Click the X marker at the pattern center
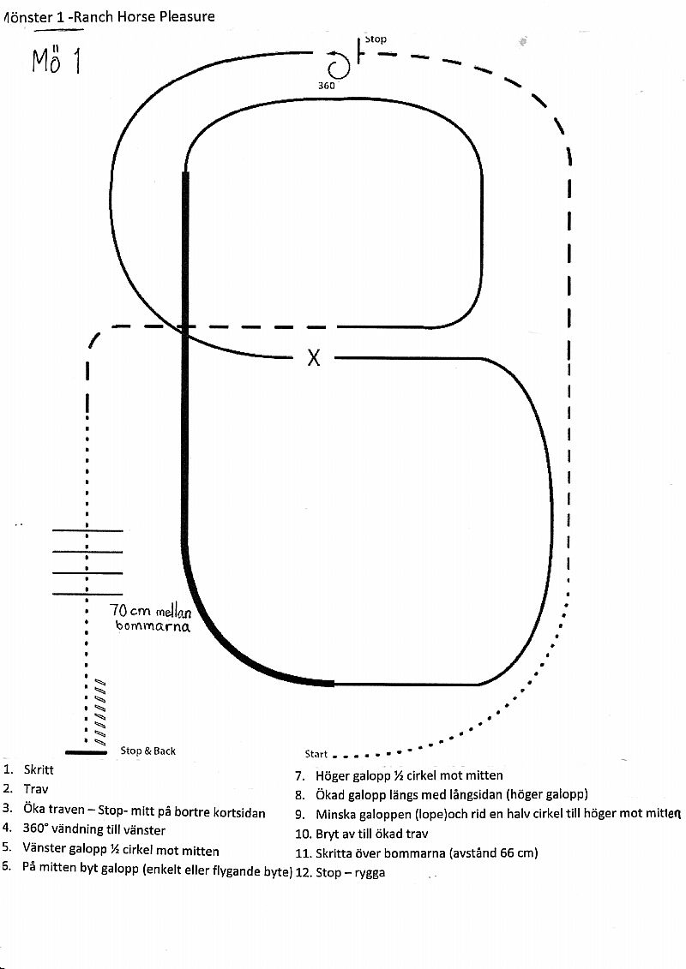click(x=314, y=357)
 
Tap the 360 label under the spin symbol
click(x=327, y=86)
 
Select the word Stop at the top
click(x=375, y=39)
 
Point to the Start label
click(x=316, y=754)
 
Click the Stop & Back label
click(x=147, y=751)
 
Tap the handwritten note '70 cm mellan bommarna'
click(x=151, y=618)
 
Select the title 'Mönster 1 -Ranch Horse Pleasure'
click(x=109, y=16)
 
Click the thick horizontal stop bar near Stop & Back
click(x=86, y=752)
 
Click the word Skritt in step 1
click(x=39, y=770)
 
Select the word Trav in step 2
click(x=36, y=789)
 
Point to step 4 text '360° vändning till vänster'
click(x=94, y=830)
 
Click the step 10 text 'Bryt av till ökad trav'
click(x=372, y=834)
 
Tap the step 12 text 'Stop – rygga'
click(x=350, y=872)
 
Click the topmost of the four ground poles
click(x=87, y=530)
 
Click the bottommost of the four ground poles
click(x=87, y=594)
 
